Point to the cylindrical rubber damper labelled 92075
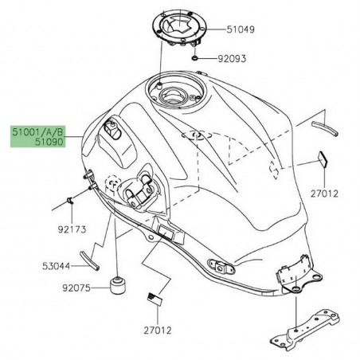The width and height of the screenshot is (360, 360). pos(119,284)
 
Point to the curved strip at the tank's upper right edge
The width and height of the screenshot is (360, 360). pos(322,123)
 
